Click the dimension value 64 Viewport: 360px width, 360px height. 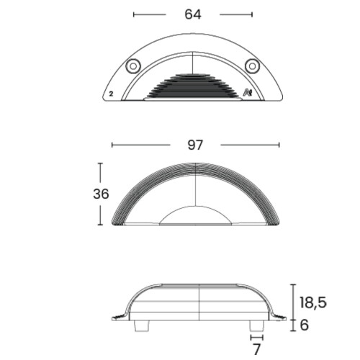tap(193, 14)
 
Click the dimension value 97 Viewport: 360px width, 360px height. tap(195, 145)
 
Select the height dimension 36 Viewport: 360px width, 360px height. tap(101, 194)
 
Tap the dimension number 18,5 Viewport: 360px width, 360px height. tap(313, 302)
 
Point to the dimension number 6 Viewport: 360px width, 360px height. tap(305, 325)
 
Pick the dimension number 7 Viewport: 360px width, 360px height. tap(256, 349)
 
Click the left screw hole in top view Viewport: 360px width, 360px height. tap(133, 66)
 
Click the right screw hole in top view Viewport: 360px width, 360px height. tap(252, 66)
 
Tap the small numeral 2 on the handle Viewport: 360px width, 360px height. tap(111, 94)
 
